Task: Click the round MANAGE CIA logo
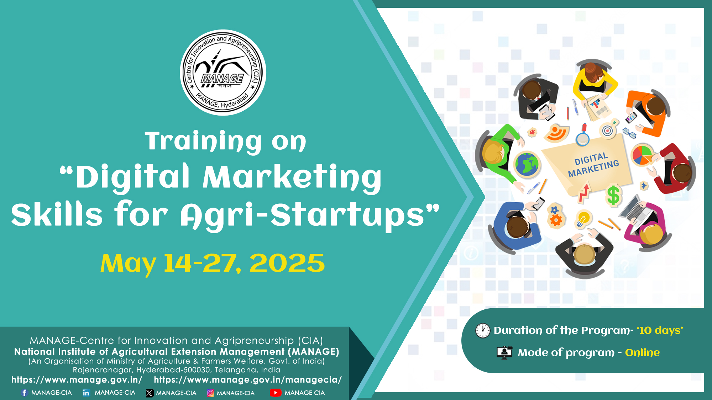pos(223,73)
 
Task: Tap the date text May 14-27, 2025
pos(213,263)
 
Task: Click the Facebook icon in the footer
pos(24,393)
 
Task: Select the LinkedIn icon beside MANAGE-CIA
pos(86,393)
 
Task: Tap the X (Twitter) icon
pos(150,393)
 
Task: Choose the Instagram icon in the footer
pos(211,393)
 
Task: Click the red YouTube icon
pos(276,393)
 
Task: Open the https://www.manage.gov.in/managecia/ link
pos(248,380)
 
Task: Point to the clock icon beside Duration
pos(483,331)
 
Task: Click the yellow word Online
pos(642,352)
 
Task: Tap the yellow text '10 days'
pos(660,331)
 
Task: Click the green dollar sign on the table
pos(613,195)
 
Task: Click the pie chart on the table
pos(642,155)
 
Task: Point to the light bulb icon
pos(583,219)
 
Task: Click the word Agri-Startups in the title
pos(302,215)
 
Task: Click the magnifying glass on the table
pos(583,135)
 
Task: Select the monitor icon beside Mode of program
pos(504,353)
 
